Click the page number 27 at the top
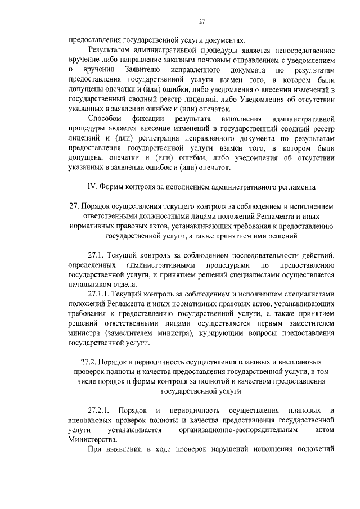tap(201, 21)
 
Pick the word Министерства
tap(92, 440)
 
